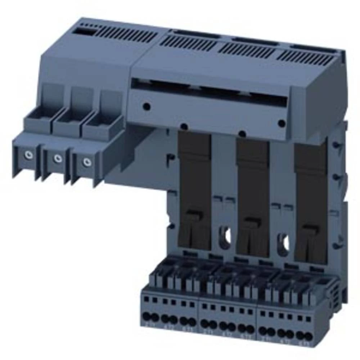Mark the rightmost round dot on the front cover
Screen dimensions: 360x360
click(x=282, y=123)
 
